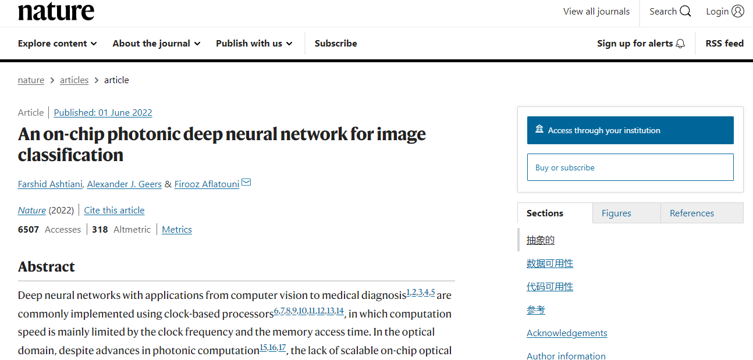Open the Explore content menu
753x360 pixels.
click(58, 44)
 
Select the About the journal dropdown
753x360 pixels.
click(157, 44)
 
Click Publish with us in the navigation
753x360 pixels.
click(254, 44)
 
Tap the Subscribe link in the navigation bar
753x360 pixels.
click(336, 44)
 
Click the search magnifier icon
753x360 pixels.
click(685, 12)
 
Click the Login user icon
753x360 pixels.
click(738, 12)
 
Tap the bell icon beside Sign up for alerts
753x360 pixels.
click(680, 44)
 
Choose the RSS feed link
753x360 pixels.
click(724, 44)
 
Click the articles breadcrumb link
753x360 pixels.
click(74, 80)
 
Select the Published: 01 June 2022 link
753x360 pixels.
click(103, 112)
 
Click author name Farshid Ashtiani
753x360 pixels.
click(50, 184)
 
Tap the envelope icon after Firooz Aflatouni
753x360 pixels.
click(246, 182)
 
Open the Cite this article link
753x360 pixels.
click(114, 210)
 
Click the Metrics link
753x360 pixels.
click(177, 229)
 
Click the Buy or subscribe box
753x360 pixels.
click(630, 167)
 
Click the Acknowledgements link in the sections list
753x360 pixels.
click(567, 333)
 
